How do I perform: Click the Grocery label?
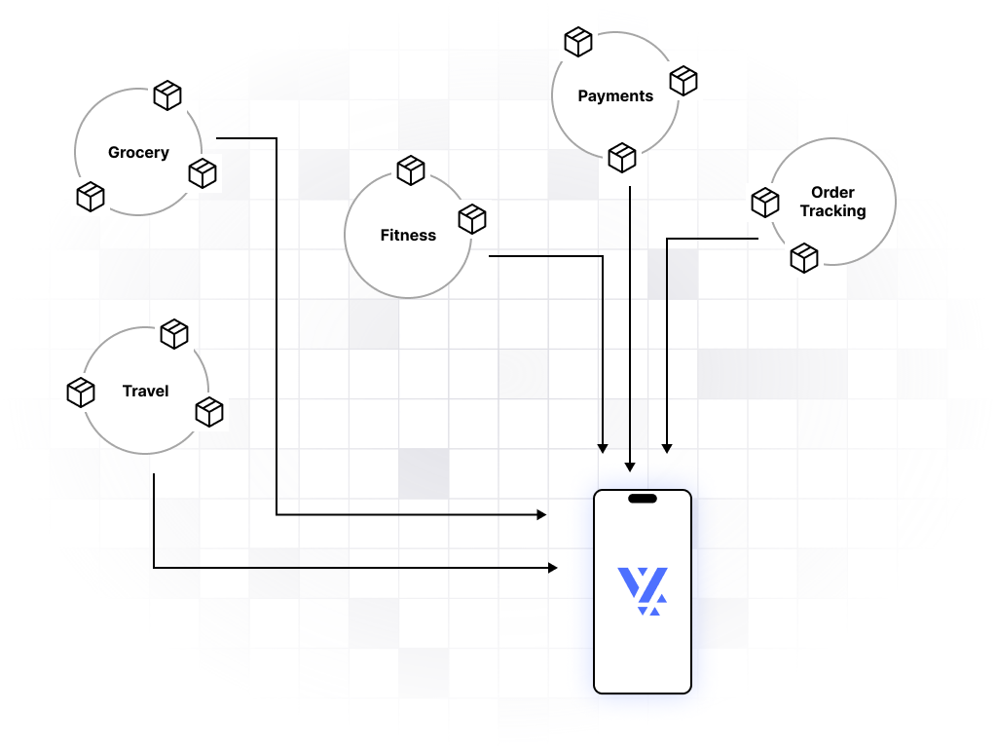point(138,153)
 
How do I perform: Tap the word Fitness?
point(408,236)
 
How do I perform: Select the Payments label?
point(615,96)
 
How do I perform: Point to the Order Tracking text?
point(832,202)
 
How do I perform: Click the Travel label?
point(145,392)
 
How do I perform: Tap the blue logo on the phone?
point(643,590)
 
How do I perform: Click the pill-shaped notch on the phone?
point(643,499)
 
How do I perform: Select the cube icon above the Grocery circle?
point(167,94)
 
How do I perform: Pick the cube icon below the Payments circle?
point(622,157)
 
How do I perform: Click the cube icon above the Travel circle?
point(174,334)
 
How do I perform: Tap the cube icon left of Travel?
point(81,393)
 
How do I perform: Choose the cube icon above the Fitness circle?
point(411,170)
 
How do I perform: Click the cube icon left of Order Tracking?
point(765,202)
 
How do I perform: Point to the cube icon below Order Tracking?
point(804,258)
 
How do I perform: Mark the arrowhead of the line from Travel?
point(552,567)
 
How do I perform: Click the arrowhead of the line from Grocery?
point(541,513)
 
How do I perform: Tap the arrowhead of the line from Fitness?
point(603,447)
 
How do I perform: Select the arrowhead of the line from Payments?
point(630,465)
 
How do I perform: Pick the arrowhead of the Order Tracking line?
point(667,447)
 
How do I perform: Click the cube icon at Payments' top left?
point(578,42)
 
